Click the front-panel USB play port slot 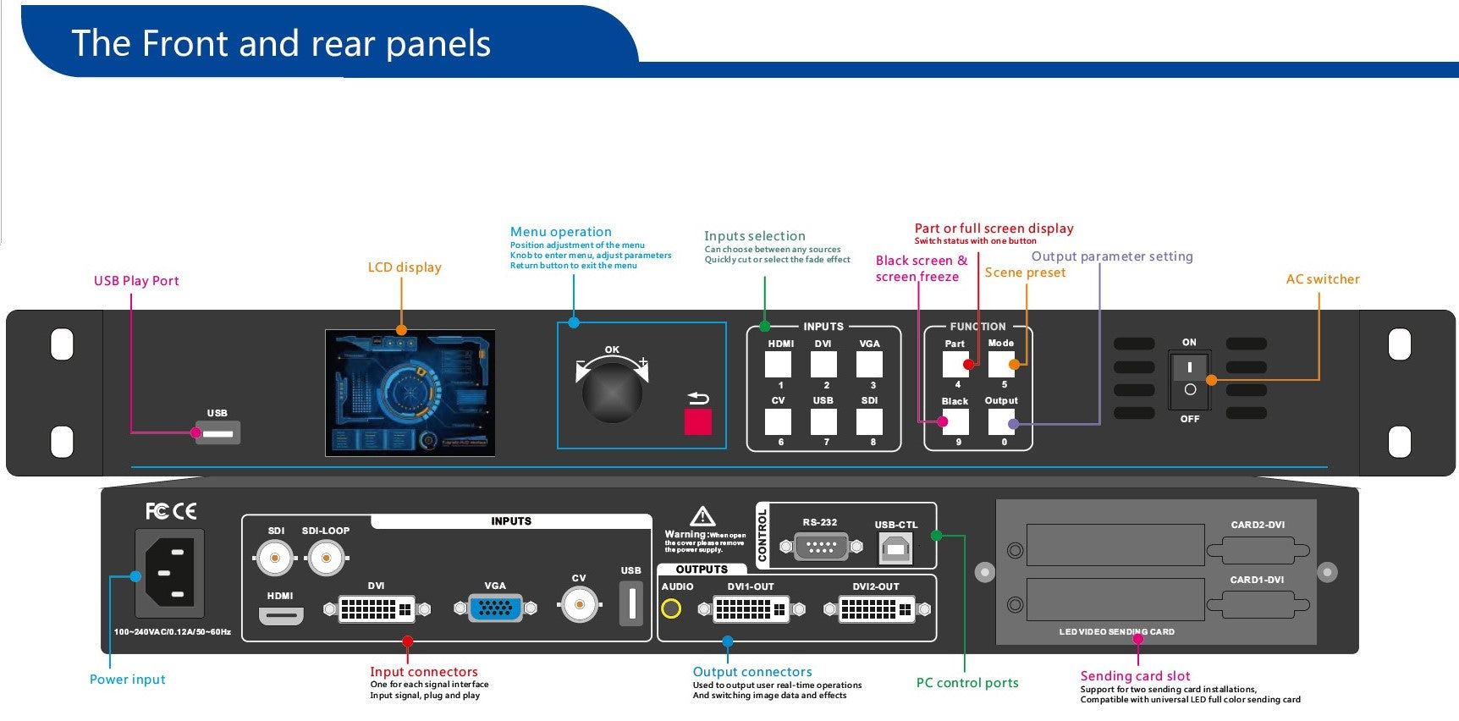[218, 433]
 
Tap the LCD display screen [410, 394]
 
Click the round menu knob [611, 394]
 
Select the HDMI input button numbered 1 [778, 365]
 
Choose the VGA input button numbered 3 [869, 365]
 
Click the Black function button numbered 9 [955, 421]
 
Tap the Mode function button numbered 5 [1001, 365]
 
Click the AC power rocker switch [1189, 378]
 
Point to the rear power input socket [170, 573]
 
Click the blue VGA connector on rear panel [495, 608]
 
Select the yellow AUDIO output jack [671, 608]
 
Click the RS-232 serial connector [821, 547]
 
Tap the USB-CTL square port [895, 549]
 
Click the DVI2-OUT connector [876, 608]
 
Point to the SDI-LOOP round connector [326, 558]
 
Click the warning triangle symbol [702, 516]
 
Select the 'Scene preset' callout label [1025, 272]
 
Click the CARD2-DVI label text [1258, 525]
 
